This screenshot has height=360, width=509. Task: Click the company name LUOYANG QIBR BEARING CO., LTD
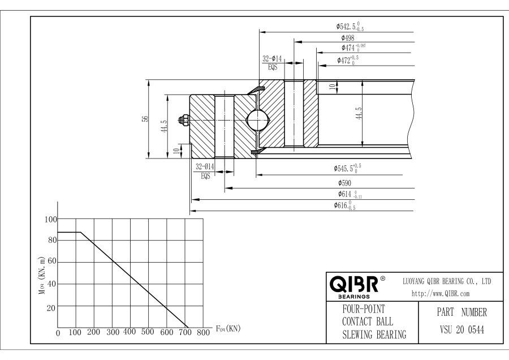coord(446,281)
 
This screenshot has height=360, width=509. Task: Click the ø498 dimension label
coord(344,38)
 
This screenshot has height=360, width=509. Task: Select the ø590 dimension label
coord(346,183)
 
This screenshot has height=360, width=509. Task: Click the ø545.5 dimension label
coord(347,168)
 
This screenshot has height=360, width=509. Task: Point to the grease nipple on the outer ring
coord(183,119)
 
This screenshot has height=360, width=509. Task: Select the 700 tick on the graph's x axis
coord(184,333)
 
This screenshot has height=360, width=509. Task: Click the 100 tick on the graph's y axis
coord(51,220)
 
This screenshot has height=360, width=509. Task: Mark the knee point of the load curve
coord(81,233)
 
